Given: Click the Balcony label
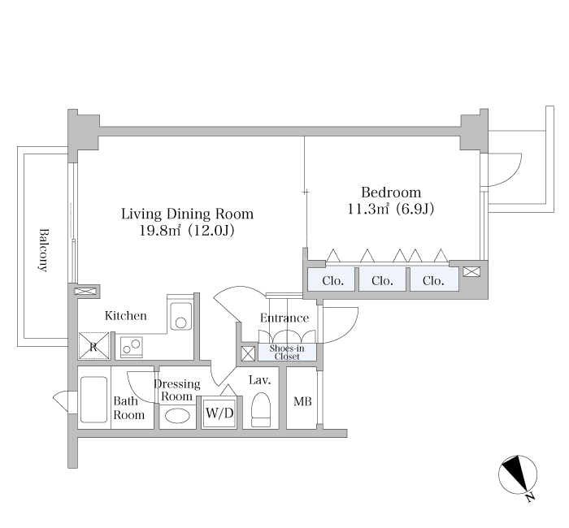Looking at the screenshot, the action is click(x=43, y=250).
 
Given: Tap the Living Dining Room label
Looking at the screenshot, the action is click(x=187, y=214).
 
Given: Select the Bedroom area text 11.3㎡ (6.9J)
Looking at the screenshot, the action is click(x=391, y=209).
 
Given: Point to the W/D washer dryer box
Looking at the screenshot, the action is click(x=219, y=413).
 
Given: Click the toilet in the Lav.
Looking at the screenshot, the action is click(x=261, y=409).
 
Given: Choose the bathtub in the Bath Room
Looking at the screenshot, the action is click(x=93, y=400).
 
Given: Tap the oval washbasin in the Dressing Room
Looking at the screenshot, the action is click(x=177, y=416).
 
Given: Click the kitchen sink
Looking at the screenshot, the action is click(x=180, y=316).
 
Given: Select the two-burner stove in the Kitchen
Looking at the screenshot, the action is click(x=132, y=347).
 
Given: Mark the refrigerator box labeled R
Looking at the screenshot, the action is click(x=94, y=346).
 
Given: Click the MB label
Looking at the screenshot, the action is click(x=302, y=401).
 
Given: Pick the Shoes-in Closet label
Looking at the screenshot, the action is click(x=287, y=353).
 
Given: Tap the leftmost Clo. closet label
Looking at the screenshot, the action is click(x=332, y=281).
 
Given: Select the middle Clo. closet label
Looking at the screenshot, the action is click(x=382, y=281).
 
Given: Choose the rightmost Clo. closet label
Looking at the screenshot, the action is click(x=433, y=281).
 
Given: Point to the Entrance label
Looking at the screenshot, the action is click(x=284, y=318).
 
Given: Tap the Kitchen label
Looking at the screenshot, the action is click(x=125, y=315).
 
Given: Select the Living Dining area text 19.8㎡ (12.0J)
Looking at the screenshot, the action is click(x=187, y=230).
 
